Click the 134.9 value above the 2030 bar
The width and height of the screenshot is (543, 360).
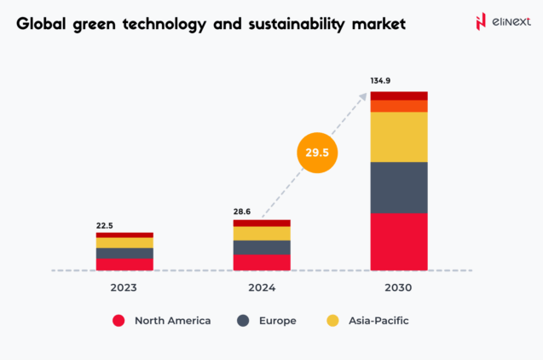tap(381, 82)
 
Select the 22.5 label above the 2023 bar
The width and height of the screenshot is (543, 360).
tap(105, 225)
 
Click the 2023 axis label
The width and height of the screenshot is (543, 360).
tap(124, 287)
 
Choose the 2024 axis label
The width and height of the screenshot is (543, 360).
tap(261, 287)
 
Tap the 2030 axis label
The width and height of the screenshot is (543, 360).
tap(398, 287)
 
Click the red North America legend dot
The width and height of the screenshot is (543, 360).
tap(119, 321)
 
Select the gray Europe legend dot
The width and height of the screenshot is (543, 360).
tap(243, 321)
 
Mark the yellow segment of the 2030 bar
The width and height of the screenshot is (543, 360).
tap(398, 136)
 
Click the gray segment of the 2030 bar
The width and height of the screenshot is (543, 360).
tap(398, 187)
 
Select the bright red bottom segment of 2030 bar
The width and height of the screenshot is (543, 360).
tap(398, 241)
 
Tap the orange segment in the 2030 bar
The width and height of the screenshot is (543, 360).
tap(398, 107)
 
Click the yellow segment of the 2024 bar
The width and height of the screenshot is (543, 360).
tap(261, 233)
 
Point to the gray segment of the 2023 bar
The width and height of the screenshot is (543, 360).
tap(124, 253)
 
